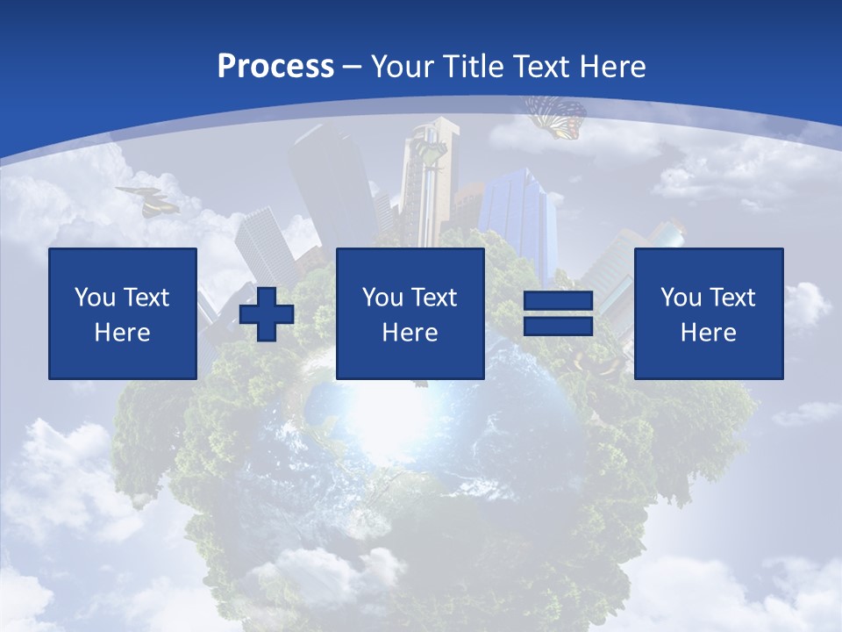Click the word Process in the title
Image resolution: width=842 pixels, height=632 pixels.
pyautogui.click(x=275, y=66)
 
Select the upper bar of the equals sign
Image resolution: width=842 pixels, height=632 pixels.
pyautogui.click(x=558, y=302)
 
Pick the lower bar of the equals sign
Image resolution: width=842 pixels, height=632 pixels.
pyautogui.click(x=558, y=326)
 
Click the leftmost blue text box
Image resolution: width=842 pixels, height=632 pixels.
pyautogui.click(x=123, y=313)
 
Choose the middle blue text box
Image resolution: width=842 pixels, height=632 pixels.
pyautogui.click(x=410, y=313)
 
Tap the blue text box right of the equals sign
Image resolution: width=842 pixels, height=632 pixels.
pyautogui.click(x=709, y=313)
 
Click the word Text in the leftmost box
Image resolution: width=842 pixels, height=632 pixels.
pyautogui.click(x=145, y=298)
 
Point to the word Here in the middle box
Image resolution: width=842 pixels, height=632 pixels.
pyautogui.click(x=410, y=333)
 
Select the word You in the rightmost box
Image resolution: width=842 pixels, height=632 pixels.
pyautogui.click(x=681, y=298)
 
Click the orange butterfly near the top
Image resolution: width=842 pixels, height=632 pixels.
pyautogui.click(x=556, y=117)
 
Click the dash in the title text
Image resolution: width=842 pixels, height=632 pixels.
pyautogui.click(x=353, y=67)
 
